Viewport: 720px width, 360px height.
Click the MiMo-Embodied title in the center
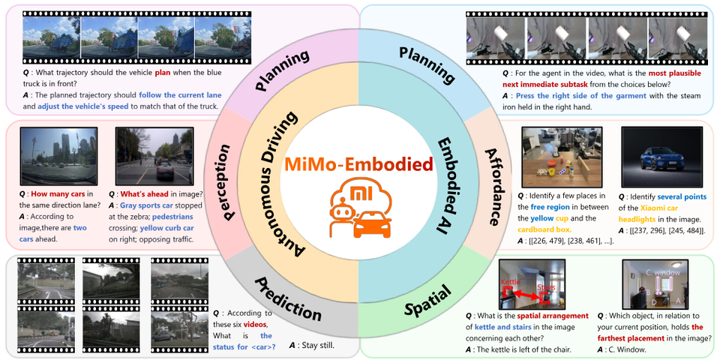click(x=359, y=163)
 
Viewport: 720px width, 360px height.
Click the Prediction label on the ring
click(x=288, y=299)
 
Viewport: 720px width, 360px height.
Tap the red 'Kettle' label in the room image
click(x=509, y=281)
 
